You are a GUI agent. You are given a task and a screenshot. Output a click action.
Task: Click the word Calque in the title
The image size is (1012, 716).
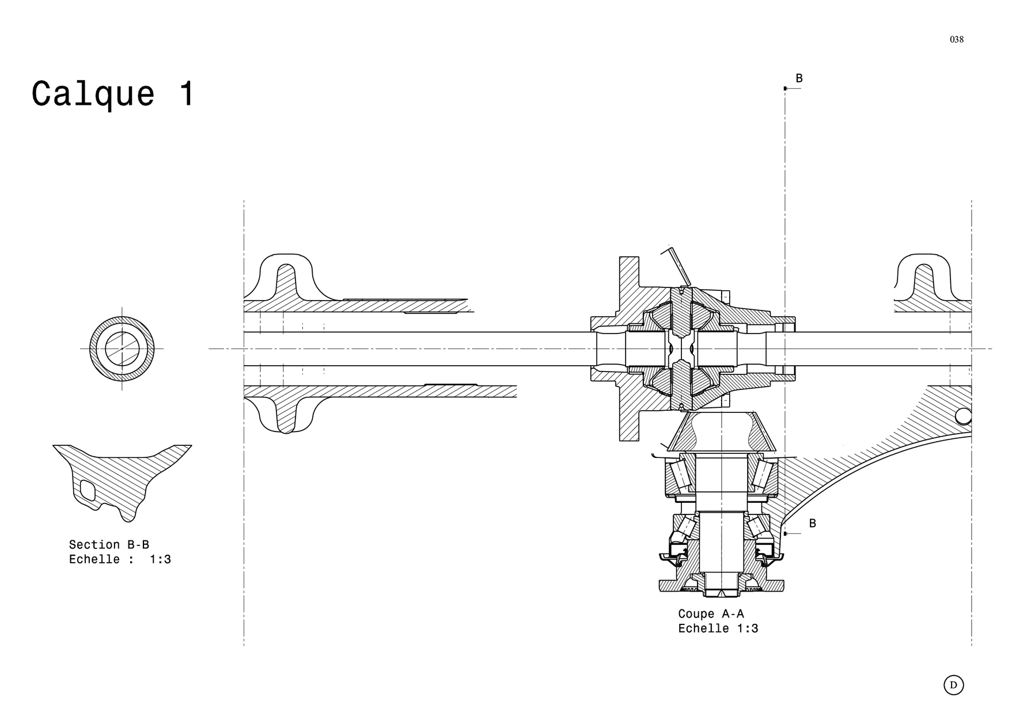point(93,94)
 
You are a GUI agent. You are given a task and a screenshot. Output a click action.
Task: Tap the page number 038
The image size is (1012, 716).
point(957,39)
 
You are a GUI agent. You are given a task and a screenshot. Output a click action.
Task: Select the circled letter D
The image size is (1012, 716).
point(954,685)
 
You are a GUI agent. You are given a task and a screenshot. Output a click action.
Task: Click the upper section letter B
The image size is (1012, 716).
point(799,78)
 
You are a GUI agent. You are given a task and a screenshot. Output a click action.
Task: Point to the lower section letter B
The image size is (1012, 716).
point(813,523)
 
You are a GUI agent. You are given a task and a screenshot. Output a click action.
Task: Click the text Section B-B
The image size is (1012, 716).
point(109,544)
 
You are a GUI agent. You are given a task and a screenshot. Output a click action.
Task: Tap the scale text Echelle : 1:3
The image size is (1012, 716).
point(120,559)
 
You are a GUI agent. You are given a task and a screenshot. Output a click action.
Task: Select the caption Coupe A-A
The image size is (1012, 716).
point(711,614)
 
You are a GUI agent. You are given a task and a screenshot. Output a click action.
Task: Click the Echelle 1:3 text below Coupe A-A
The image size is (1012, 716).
point(718,628)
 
